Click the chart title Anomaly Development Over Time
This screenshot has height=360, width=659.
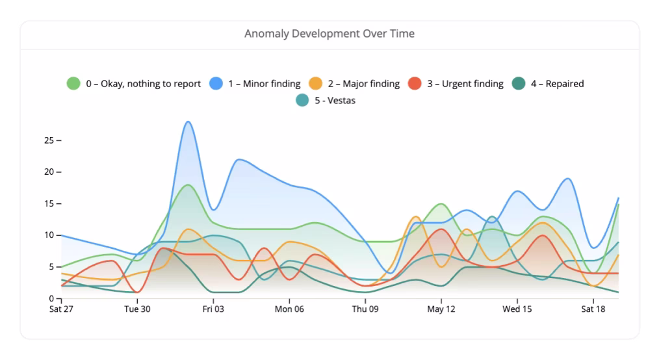pyautogui.click(x=329, y=33)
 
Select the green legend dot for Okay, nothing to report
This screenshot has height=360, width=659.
pyautogui.click(x=73, y=84)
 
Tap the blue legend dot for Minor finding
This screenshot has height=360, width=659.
pyautogui.click(x=216, y=84)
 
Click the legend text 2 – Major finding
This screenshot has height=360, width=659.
pyautogui.click(x=363, y=84)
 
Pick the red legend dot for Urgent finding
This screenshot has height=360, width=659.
pyautogui.click(x=415, y=84)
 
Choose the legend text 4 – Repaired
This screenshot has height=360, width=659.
pyautogui.click(x=557, y=84)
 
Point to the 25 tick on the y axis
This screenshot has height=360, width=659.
pyautogui.click(x=49, y=140)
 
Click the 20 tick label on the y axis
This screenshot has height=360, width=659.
pyautogui.click(x=49, y=172)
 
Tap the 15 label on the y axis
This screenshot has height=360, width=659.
pyautogui.click(x=49, y=204)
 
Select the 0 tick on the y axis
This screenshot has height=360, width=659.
pyautogui.click(x=51, y=299)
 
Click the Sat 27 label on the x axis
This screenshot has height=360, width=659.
pyautogui.click(x=61, y=310)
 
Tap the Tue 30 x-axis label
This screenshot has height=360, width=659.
pyautogui.click(x=137, y=310)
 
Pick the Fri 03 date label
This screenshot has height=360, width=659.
pyautogui.click(x=213, y=310)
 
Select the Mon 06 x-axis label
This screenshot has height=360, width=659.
pyautogui.click(x=289, y=310)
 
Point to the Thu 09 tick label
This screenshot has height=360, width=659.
pyautogui.click(x=365, y=310)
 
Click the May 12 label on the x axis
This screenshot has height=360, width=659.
pyautogui.click(x=441, y=310)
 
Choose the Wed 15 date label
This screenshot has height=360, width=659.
pyautogui.click(x=517, y=310)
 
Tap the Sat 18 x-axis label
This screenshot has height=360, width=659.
pyautogui.click(x=593, y=310)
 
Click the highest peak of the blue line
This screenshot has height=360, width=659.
pyautogui.click(x=188, y=122)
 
